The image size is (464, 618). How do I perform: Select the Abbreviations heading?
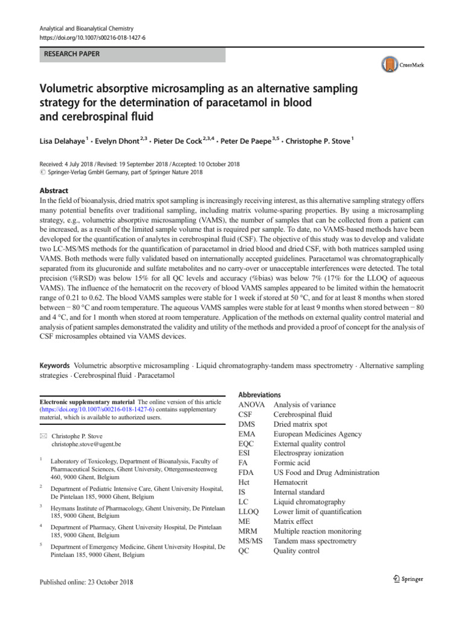pos(260,394)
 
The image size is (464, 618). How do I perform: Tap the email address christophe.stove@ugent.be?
pos(87,444)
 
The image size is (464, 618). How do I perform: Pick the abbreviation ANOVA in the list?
pos(252,404)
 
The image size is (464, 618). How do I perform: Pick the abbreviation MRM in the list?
pos(250,531)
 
